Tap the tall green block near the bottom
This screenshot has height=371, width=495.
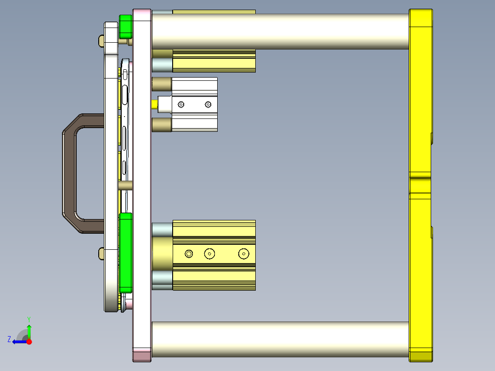point(125,253)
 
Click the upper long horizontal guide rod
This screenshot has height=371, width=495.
point(280,31)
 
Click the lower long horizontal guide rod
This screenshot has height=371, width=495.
point(280,339)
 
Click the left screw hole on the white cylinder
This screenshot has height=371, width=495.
point(181,105)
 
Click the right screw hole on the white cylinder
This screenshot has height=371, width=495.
point(208,105)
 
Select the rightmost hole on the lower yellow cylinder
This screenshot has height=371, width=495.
point(243,253)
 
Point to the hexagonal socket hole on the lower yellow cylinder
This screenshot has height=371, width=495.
point(189,253)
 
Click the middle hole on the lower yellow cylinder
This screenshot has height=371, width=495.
point(210,253)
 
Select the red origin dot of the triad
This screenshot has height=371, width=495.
point(29,342)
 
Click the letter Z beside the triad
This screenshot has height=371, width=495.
point(9,339)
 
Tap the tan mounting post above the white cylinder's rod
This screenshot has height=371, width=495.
point(161,84)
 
